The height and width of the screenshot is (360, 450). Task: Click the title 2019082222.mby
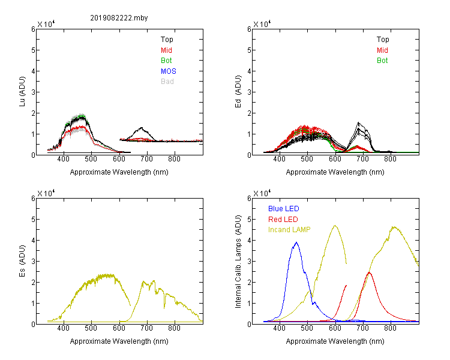click(x=119, y=18)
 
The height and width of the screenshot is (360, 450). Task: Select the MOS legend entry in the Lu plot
click(x=169, y=71)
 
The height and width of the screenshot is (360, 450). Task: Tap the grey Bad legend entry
click(x=167, y=82)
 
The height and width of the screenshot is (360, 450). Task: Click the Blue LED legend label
click(x=284, y=209)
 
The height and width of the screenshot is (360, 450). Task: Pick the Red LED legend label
click(x=283, y=220)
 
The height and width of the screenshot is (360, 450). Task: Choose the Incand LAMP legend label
click(x=289, y=230)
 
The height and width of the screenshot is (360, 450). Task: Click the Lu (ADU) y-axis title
click(x=22, y=92)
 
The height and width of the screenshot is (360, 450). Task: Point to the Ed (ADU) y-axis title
click(x=238, y=92)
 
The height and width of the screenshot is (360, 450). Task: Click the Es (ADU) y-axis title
click(x=22, y=261)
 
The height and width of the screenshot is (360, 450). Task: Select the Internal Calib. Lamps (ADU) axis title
click(x=238, y=262)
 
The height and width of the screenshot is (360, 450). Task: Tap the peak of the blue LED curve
click(x=296, y=242)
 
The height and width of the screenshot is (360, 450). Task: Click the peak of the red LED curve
click(x=369, y=272)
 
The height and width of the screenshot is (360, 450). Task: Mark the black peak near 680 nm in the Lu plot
click(x=142, y=128)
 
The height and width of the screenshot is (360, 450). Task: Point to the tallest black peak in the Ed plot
click(x=358, y=122)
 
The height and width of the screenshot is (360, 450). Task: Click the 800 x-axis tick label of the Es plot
click(x=174, y=328)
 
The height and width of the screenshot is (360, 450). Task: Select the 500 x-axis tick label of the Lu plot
click(x=91, y=159)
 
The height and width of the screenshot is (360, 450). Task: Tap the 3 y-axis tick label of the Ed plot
click(x=249, y=92)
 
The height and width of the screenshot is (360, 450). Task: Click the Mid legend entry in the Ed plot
click(x=382, y=50)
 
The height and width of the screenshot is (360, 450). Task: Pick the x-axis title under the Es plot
click(x=119, y=341)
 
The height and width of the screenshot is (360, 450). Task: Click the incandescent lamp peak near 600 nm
click(x=335, y=226)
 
